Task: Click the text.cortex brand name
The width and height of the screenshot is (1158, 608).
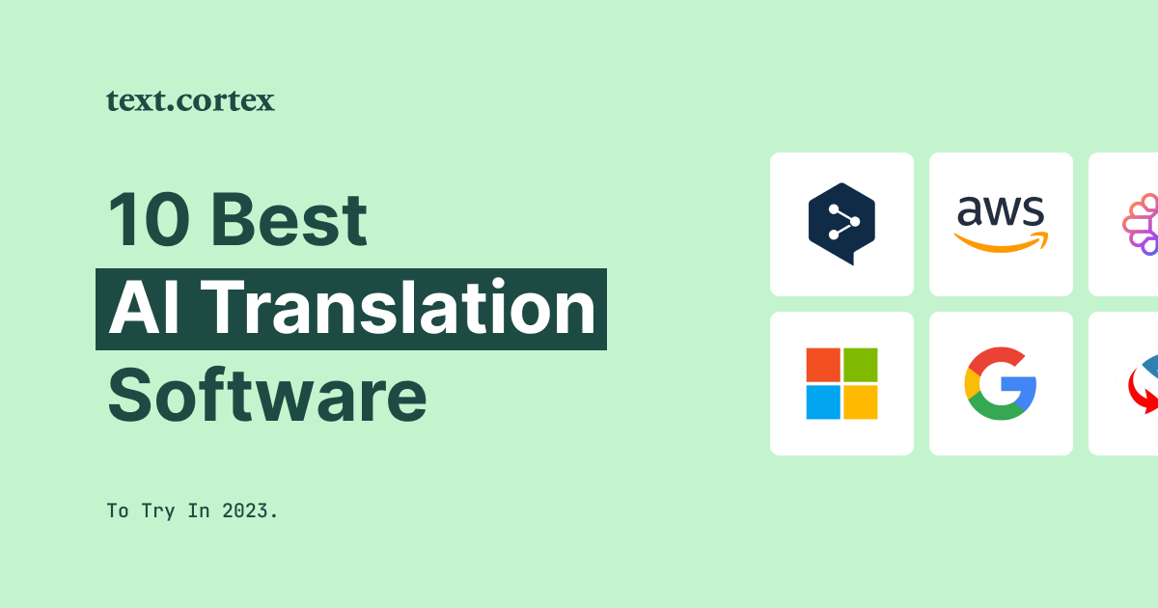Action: [190, 100]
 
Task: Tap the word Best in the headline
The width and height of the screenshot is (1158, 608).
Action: [289, 220]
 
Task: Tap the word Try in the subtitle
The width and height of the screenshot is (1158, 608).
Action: [159, 511]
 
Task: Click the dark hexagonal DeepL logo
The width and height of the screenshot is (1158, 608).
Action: [841, 223]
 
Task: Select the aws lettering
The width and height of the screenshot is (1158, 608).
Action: [1001, 209]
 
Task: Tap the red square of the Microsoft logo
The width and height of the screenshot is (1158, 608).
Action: [823, 365]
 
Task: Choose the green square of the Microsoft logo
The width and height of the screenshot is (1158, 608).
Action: [860, 365]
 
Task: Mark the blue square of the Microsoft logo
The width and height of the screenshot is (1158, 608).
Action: [823, 401]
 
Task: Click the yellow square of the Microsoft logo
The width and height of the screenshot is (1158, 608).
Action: [860, 401]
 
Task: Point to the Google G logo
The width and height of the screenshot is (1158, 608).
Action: [1001, 383]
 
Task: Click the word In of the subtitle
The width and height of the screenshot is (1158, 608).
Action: [199, 511]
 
